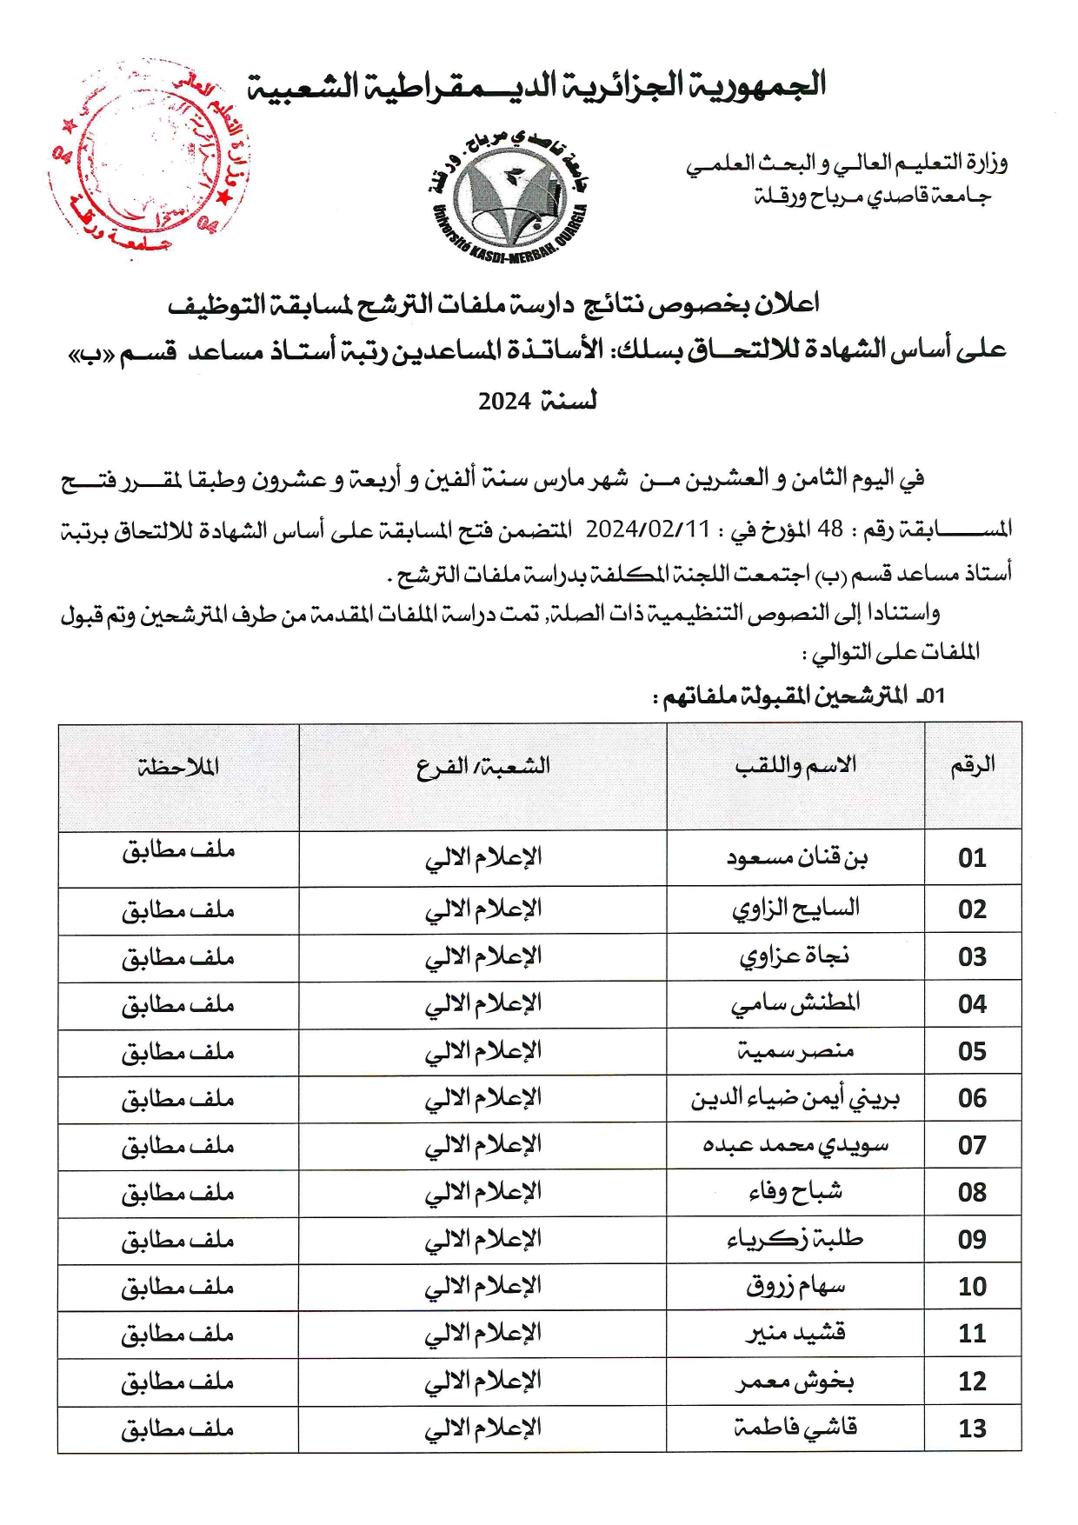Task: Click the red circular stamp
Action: click(148, 161)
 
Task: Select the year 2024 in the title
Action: click(504, 402)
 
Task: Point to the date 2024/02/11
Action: click(648, 529)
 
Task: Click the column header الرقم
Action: click(972, 766)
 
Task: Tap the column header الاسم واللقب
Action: click(795, 766)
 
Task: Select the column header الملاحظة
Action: click(178, 767)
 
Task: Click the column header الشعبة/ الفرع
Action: click(482, 767)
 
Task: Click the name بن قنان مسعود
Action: click(796, 858)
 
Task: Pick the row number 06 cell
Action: click(972, 1098)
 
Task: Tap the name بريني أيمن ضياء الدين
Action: click(795, 1098)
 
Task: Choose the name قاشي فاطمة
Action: click(795, 1428)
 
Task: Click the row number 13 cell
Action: click(972, 1428)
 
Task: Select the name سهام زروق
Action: click(795, 1286)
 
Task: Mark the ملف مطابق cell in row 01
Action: click(178, 850)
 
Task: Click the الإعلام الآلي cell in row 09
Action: click(482, 1239)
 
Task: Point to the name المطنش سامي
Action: click(795, 1003)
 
